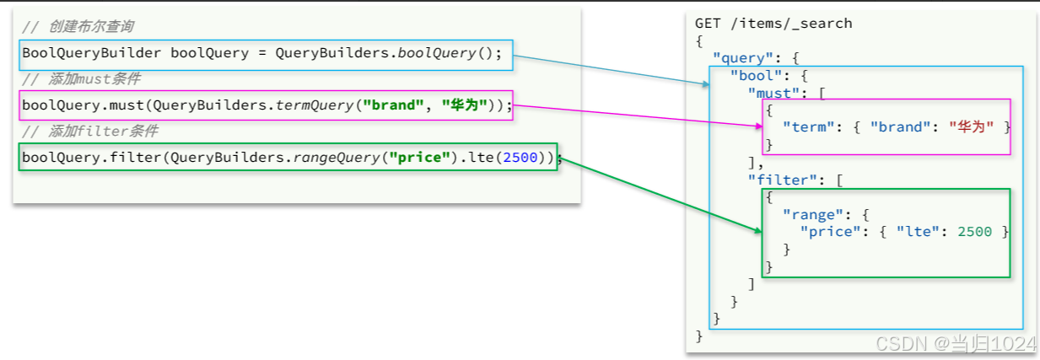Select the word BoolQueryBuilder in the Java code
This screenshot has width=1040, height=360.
click(92, 54)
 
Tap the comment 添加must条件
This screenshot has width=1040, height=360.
click(81, 79)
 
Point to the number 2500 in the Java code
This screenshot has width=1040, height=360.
click(520, 158)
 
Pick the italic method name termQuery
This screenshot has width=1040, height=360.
click(313, 105)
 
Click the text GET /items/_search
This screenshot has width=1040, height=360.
click(773, 24)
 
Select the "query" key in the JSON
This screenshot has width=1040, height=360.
click(740, 59)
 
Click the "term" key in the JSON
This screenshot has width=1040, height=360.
click(806, 127)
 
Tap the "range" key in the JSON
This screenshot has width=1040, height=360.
click(810, 214)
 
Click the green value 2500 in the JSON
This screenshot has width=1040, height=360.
click(975, 232)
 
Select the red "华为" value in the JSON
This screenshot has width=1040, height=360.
click(971, 127)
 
